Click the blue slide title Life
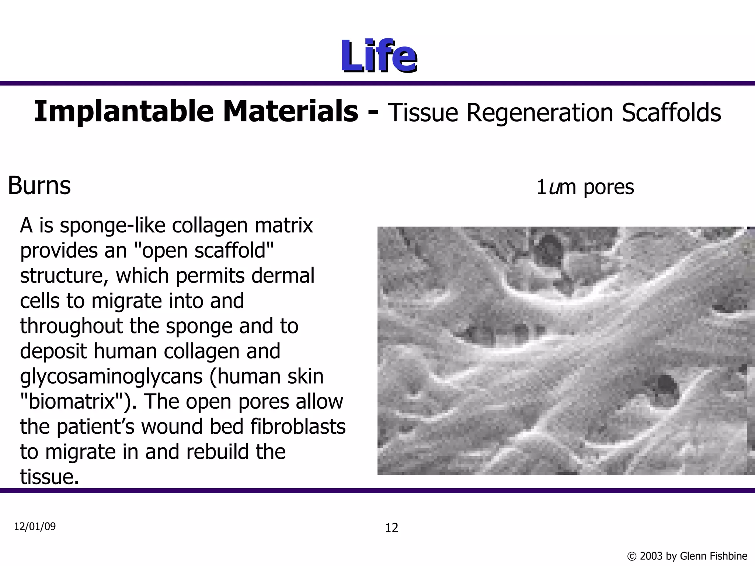(379, 56)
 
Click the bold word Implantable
(123, 112)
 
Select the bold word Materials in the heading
(290, 111)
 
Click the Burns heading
(39, 186)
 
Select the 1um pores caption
(585, 187)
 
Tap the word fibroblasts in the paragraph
(298, 427)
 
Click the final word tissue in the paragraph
(49, 477)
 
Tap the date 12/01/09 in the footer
(35, 527)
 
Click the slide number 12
(392, 528)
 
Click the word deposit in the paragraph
(53, 351)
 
